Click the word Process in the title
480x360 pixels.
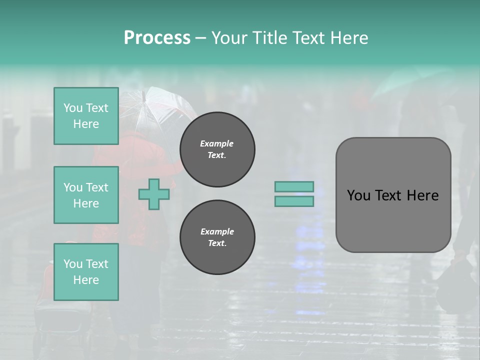click(x=157, y=38)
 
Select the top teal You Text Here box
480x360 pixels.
click(x=86, y=116)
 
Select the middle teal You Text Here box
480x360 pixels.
click(x=86, y=195)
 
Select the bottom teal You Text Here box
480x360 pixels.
click(x=86, y=271)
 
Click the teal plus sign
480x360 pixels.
click(x=153, y=194)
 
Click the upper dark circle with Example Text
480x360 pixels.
click(x=217, y=149)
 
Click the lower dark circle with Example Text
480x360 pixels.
click(x=217, y=237)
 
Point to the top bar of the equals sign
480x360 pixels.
click(x=294, y=187)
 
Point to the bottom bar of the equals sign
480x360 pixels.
click(x=294, y=201)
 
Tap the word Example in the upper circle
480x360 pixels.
click(x=216, y=144)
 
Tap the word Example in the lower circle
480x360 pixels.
click(x=217, y=232)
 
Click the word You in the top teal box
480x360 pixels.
click(x=72, y=108)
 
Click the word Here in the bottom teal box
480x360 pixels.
click(x=86, y=280)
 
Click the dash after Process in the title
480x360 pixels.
click(x=200, y=38)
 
